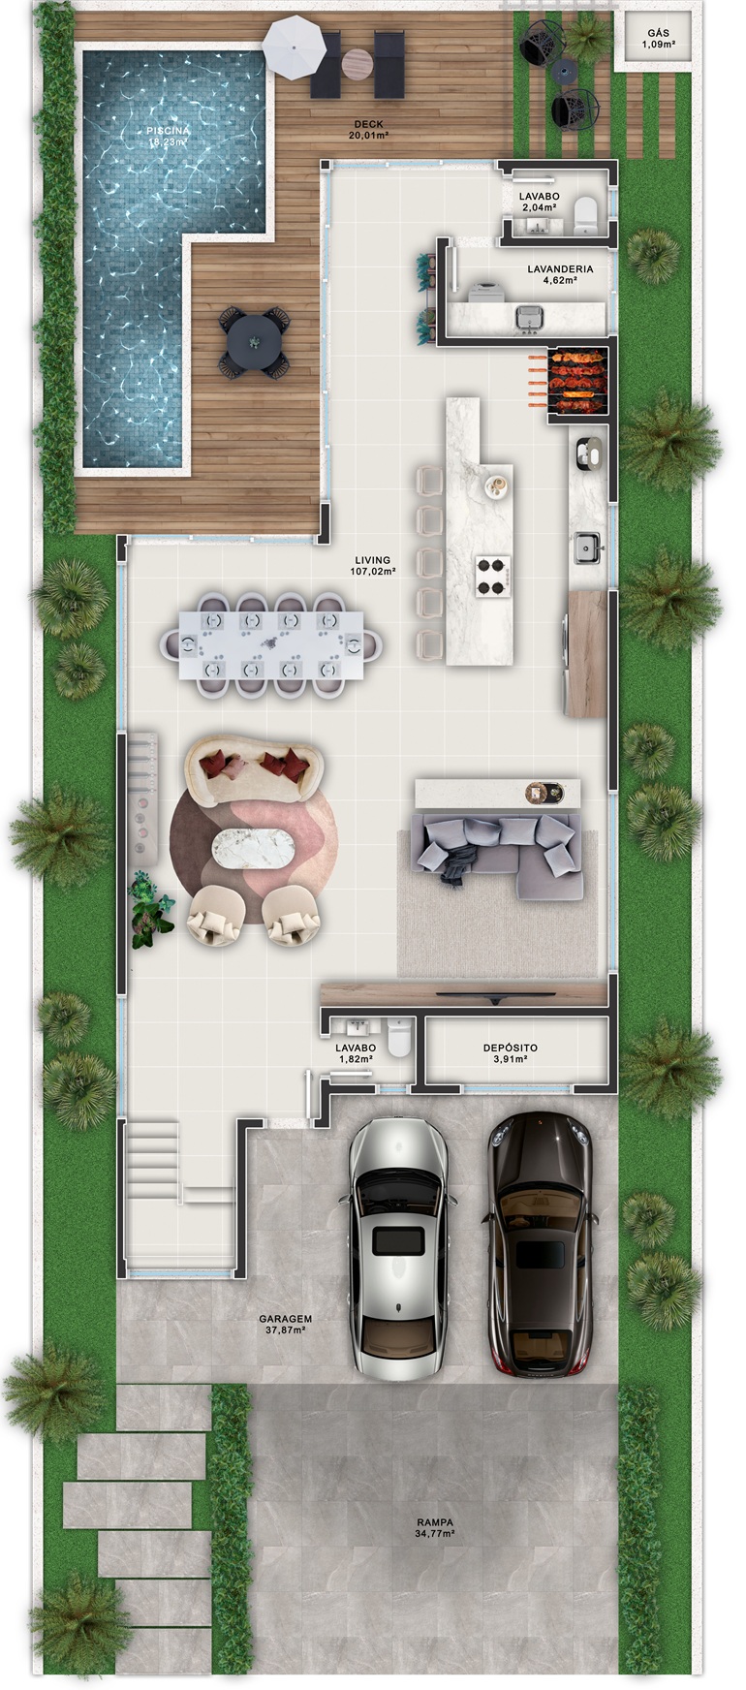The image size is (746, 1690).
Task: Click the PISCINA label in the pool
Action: pos(169,130)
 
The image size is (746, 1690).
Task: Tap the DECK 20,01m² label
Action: pos(368,130)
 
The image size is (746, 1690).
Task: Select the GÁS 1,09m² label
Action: pos(658,39)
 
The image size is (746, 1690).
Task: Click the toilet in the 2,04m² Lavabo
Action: pos(586,215)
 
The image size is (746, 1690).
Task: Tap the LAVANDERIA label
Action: pos(560,268)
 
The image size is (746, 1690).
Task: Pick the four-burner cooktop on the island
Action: pos(491,576)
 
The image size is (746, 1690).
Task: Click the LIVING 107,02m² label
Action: pos(373,566)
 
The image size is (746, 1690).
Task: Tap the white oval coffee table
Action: pos(254,850)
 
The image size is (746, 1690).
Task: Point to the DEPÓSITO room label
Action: pos(510,1048)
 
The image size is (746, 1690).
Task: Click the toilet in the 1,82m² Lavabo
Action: pos(399,1039)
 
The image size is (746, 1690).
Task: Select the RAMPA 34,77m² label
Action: pos(434,1528)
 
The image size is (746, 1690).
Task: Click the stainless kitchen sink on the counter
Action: pos(587,548)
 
